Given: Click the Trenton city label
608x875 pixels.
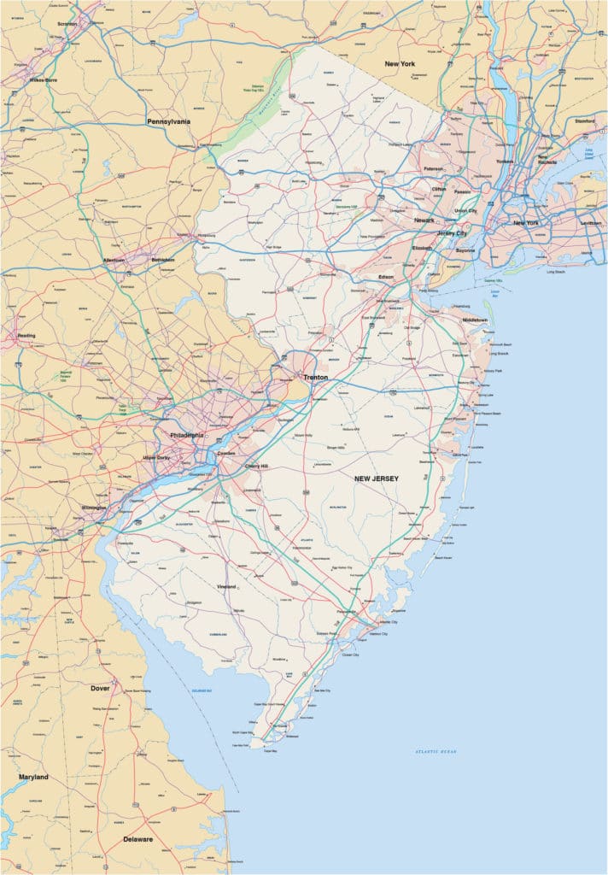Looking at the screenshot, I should (315, 376).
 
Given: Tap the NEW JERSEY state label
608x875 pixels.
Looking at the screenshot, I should (377, 479).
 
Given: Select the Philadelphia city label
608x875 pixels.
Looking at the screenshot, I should (187, 435).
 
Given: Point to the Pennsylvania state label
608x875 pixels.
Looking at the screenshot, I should (168, 121).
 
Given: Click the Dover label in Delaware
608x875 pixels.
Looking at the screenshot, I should (100, 687).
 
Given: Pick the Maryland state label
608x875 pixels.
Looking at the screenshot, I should (33, 777).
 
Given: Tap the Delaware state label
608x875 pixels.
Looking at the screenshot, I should (137, 839).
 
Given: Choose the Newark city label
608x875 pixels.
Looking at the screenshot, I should (424, 220).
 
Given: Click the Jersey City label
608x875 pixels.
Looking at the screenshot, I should (453, 232).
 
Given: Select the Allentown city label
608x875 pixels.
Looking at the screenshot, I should (114, 259).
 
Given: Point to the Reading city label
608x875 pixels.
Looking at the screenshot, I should (26, 336).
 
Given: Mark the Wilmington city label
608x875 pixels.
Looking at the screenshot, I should (94, 508).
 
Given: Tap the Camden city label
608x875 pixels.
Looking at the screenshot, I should (226, 452).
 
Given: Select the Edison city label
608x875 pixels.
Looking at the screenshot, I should (387, 277).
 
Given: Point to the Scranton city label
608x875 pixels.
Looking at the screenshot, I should (67, 24).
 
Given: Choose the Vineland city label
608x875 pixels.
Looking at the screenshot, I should (225, 587).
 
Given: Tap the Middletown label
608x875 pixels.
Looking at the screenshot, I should (476, 319).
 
